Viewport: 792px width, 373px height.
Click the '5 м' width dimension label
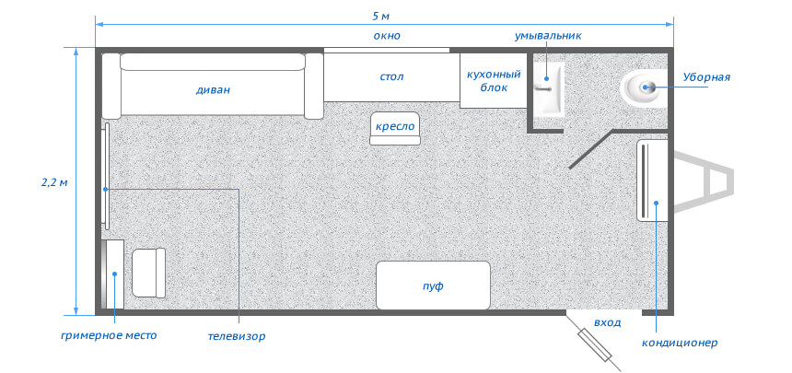[x=381, y=16]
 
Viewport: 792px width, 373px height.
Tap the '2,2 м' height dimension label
[x=54, y=182]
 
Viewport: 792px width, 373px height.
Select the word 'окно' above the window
[x=387, y=36]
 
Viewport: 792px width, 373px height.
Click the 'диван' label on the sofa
[x=213, y=90]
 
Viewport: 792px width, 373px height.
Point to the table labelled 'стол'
[x=391, y=76]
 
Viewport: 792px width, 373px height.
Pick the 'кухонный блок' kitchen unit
[x=493, y=80]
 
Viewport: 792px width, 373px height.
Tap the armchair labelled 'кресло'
[x=395, y=128]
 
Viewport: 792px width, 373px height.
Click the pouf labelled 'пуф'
[x=434, y=286]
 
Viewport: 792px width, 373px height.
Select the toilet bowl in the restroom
[x=643, y=87]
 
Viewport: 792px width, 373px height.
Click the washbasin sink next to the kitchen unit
[x=549, y=90]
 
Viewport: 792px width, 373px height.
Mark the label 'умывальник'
[x=549, y=36]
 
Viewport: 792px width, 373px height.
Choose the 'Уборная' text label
[x=706, y=77]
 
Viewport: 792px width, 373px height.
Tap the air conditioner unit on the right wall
[x=653, y=181]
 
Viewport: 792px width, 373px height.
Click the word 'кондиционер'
[x=680, y=344]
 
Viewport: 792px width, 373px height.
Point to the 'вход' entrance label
[x=607, y=322]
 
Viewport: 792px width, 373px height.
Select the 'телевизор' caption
[x=237, y=336]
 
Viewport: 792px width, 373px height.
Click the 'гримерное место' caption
[x=109, y=335]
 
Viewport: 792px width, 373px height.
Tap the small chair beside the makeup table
[x=148, y=273]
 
